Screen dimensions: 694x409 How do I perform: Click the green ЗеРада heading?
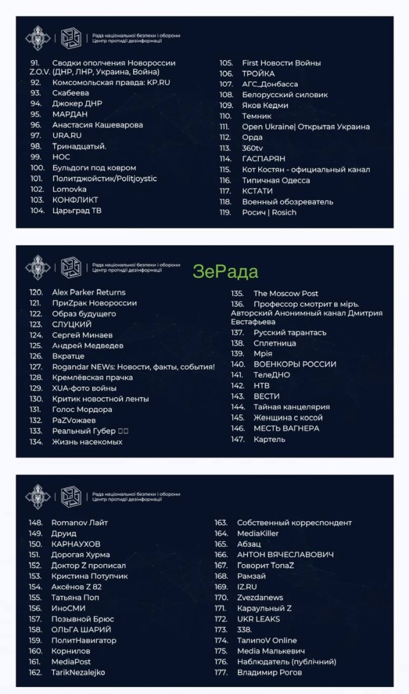(226, 272)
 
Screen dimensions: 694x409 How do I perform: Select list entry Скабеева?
(70, 93)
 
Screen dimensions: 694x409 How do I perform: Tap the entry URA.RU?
(66, 135)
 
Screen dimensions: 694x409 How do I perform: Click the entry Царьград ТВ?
(77, 210)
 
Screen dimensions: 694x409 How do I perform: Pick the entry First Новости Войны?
(281, 63)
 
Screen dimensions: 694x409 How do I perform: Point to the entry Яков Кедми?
(265, 105)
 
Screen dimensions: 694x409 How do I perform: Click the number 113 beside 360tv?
(225, 148)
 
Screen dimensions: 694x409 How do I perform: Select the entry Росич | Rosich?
(269, 212)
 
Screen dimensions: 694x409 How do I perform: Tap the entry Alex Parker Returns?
(88, 292)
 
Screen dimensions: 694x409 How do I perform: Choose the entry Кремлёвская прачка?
(92, 377)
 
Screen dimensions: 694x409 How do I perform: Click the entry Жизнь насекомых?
(87, 442)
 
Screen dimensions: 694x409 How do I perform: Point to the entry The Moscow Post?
(285, 293)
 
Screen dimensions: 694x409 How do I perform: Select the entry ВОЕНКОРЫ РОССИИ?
(295, 364)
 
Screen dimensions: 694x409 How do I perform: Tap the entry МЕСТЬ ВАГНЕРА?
(286, 428)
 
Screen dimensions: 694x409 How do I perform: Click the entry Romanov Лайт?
(79, 523)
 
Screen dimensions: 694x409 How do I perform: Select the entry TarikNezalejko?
(78, 672)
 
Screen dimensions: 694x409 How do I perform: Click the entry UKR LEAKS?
(258, 619)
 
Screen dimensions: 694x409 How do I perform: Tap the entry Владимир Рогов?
(269, 672)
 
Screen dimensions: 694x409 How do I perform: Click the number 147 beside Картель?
(238, 439)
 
